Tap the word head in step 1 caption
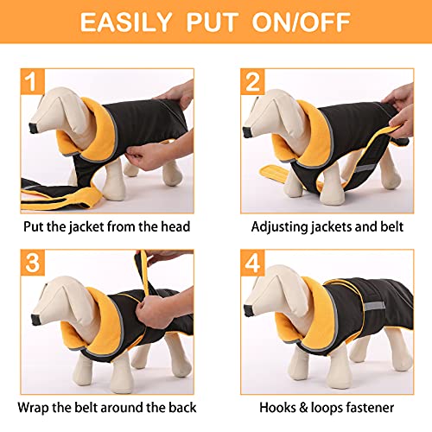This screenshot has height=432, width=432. [x=173, y=227]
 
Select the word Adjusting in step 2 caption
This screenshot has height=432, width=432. [x=280, y=227]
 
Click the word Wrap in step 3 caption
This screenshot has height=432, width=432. [x=43, y=406]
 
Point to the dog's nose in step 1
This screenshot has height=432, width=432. [x=33, y=130]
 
